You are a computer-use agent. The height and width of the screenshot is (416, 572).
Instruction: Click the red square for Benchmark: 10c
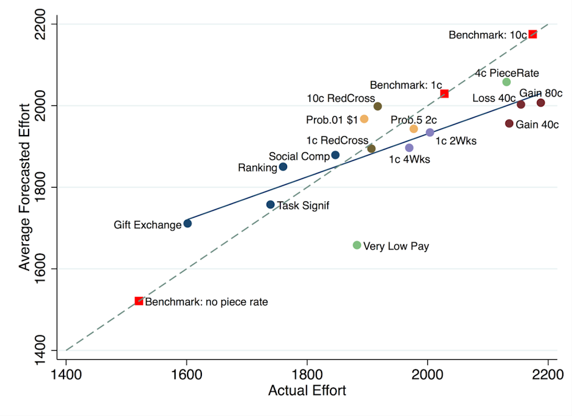pyautogui.click(x=533, y=34)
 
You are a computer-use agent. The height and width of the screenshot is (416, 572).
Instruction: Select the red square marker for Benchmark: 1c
pyautogui.click(x=444, y=93)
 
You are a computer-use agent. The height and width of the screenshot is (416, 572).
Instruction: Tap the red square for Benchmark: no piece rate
pyautogui.click(x=138, y=301)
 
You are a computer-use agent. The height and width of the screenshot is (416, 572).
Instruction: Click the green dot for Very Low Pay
pyautogui.click(x=357, y=245)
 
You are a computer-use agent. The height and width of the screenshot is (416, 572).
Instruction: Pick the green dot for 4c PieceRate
pyautogui.click(x=506, y=82)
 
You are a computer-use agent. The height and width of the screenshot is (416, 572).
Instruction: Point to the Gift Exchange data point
pyautogui.click(x=187, y=223)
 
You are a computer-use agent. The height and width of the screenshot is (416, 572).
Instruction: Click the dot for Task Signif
pyautogui.click(x=271, y=204)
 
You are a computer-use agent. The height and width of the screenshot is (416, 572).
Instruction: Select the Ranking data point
pyautogui.click(x=283, y=167)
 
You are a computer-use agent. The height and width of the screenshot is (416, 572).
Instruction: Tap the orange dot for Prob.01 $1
pyautogui.click(x=364, y=119)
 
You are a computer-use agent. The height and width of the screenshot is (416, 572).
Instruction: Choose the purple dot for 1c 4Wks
pyautogui.click(x=409, y=148)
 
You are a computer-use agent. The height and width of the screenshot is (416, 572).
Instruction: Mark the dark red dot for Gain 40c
pyautogui.click(x=509, y=124)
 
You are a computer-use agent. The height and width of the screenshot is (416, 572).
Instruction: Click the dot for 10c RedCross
pyautogui.click(x=378, y=106)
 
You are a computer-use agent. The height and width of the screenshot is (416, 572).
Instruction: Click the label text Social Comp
pyautogui.click(x=299, y=156)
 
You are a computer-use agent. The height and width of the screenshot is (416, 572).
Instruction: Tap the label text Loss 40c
pyautogui.click(x=494, y=98)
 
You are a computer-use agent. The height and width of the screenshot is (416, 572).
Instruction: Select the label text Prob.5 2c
pyautogui.click(x=414, y=120)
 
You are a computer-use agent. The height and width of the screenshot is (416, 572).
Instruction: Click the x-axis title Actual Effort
pyautogui.click(x=307, y=391)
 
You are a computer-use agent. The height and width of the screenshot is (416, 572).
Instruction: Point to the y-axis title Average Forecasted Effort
pyautogui.click(x=24, y=187)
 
